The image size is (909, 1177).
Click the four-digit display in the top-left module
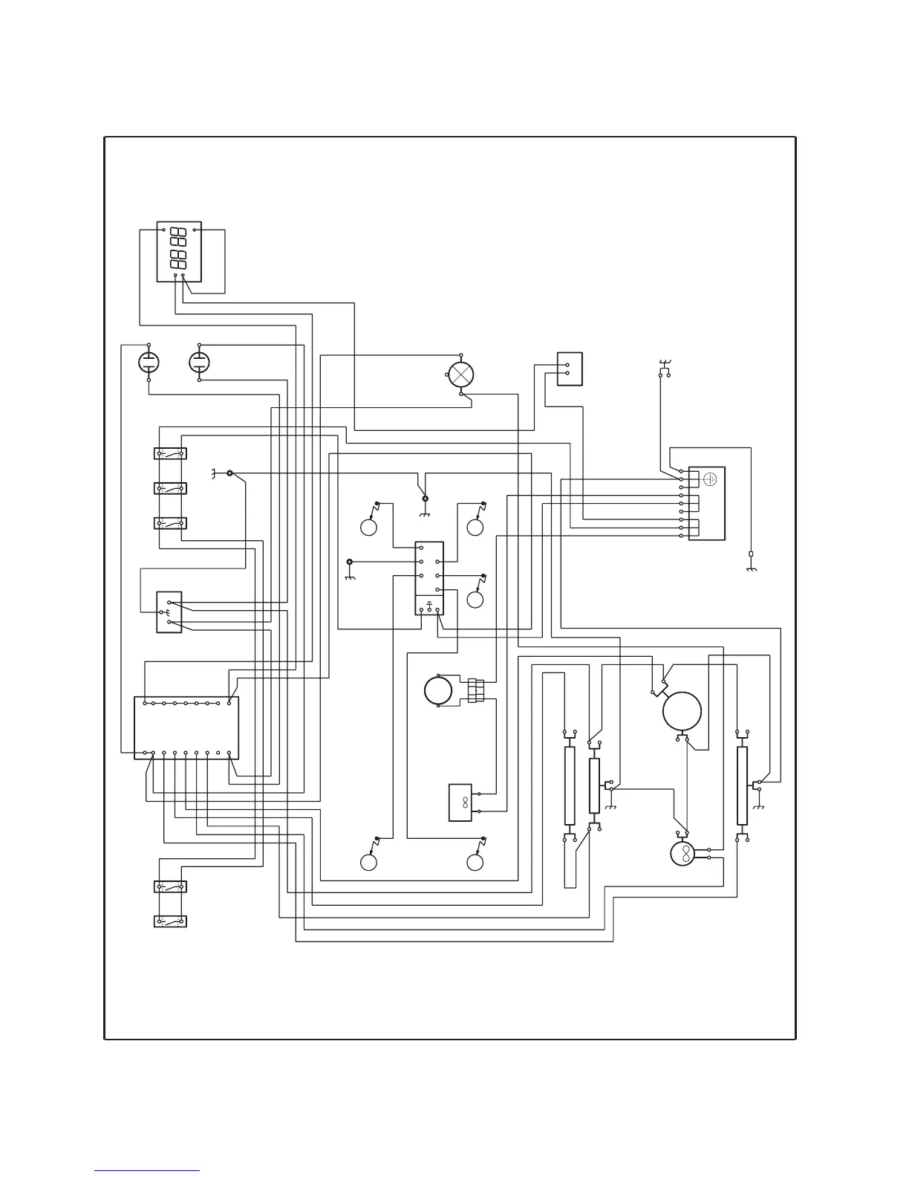[x=179, y=251]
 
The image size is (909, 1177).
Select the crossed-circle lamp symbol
[x=461, y=374]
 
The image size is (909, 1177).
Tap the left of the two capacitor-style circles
[x=149, y=363]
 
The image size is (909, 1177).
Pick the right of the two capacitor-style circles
[x=200, y=363]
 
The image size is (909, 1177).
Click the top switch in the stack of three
[x=170, y=453]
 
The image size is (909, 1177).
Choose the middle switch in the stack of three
[x=170, y=488]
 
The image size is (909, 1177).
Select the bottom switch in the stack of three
[x=170, y=522]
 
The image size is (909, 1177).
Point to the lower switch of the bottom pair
[x=170, y=921]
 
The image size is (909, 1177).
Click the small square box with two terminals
[x=570, y=369]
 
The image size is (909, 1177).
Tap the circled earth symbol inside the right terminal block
[x=709, y=479]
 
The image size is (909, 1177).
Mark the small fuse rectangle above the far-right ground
[x=751, y=554]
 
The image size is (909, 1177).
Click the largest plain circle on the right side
[x=682, y=711]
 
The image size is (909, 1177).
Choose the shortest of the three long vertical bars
[x=594, y=786]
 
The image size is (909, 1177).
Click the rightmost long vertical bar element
[x=742, y=786]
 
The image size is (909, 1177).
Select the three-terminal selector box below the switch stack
[x=169, y=612]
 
